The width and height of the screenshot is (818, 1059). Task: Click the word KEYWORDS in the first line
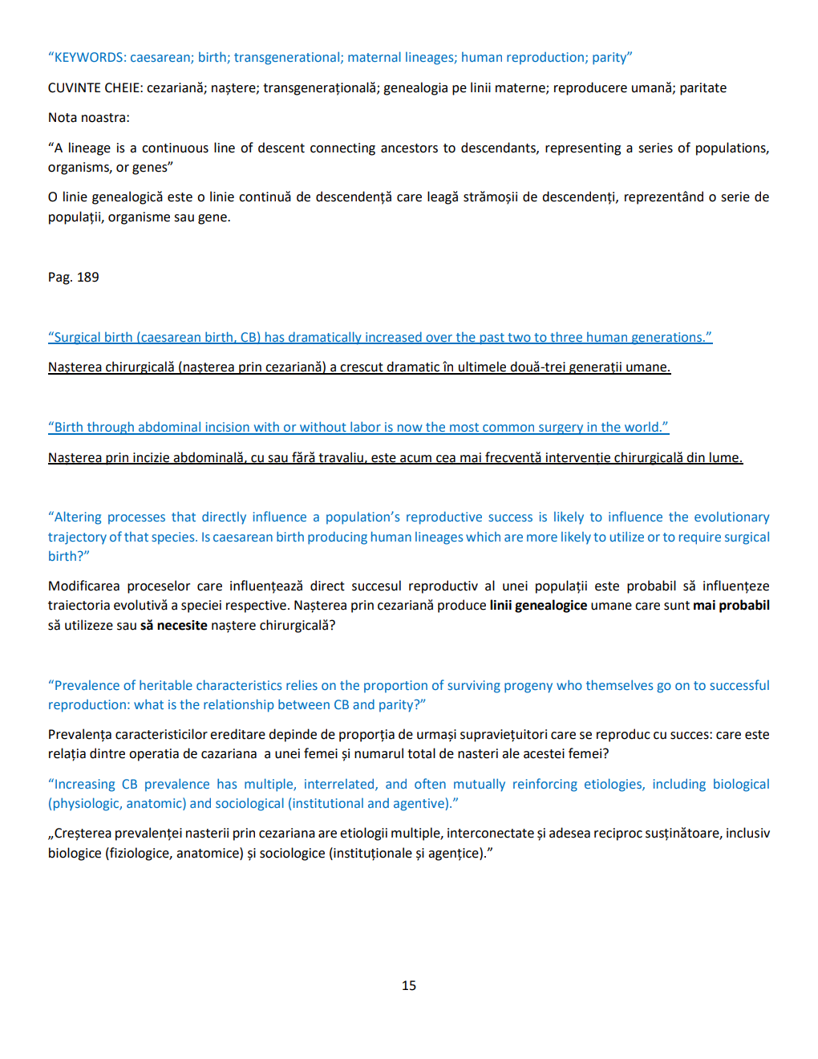[x=89, y=58]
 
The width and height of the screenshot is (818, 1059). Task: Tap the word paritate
[x=703, y=88]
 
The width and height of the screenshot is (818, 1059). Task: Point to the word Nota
[x=62, y=118]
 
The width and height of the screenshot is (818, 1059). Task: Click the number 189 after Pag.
[x=88, y=278]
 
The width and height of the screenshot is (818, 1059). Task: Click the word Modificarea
[x=84, y=586]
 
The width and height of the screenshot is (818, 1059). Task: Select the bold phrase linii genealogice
[x=538, y=606]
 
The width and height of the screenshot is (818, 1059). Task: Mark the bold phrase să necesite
[x=174, y=626]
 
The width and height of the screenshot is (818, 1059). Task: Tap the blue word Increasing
[x=84, y=785]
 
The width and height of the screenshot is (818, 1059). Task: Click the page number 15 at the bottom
[x=409, y=986]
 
